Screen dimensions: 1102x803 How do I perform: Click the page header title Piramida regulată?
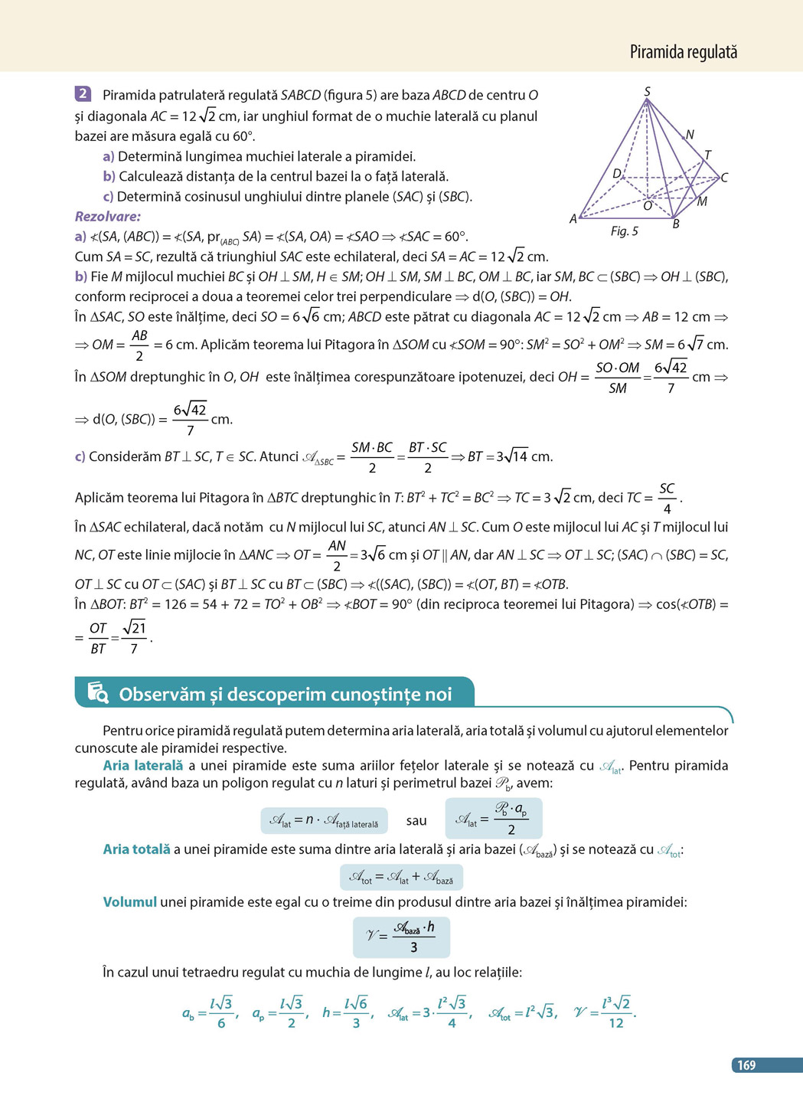click(x=683, y=52)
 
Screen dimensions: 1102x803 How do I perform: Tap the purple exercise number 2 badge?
click(x=83, y=94)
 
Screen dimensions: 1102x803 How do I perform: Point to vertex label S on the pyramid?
click(x=647, y=92)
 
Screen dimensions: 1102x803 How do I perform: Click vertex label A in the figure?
click(x=573, y=219)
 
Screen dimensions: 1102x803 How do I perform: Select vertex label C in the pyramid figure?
click(x=724, y=178)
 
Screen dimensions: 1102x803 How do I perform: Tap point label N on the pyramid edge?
click(x=690, y=135)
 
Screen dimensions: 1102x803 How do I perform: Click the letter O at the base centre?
click(x=648, y=206)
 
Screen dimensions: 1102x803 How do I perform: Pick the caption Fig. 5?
click(x=624, y=231)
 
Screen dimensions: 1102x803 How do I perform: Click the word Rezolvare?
click(x=108, y=217)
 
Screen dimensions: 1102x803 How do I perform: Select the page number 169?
click(x=746, y=1065)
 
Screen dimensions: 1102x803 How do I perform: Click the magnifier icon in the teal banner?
click(x=98, y=692)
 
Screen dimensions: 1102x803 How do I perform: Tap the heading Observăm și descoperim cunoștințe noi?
click(x=285, y=695)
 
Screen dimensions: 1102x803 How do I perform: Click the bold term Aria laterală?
click(x=143, y=766)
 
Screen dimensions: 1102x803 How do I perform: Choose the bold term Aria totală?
click(x=136, y=849)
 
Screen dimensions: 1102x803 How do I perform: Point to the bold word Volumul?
click(x=129, y=902)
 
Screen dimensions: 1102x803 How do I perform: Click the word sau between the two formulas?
click(x=416, y=821)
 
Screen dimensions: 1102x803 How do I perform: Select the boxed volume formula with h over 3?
click(x=401, y=937)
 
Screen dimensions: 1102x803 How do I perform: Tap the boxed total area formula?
click(x=401, y=877)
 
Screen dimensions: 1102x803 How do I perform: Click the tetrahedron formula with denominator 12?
click(x=606, y=1012)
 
